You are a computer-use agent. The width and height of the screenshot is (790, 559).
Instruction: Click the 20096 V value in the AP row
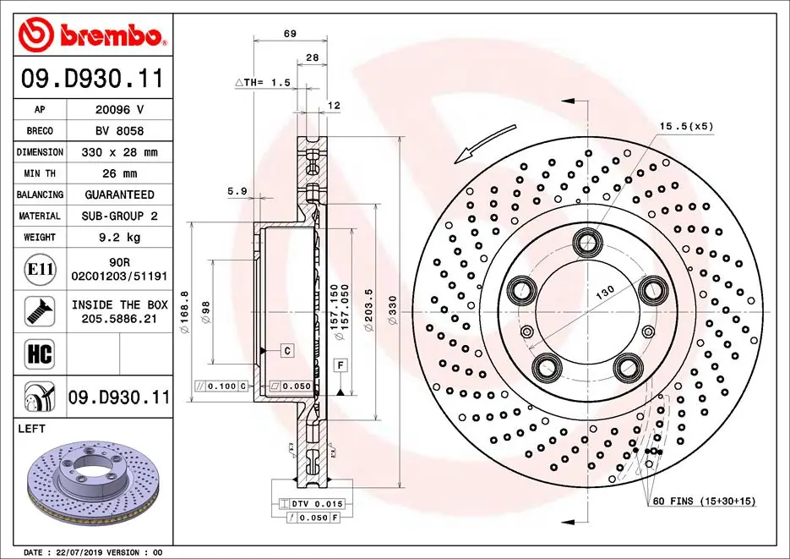point(119,110)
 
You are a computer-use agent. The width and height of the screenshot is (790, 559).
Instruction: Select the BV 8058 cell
point(119,131)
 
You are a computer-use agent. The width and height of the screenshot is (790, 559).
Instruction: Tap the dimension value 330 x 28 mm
point(119,152)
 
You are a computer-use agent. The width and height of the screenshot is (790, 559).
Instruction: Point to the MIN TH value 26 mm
point(119,173)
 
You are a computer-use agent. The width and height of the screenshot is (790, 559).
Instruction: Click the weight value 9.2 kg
point(119,238)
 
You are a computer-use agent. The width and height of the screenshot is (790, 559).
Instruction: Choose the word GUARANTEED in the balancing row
point(119,195)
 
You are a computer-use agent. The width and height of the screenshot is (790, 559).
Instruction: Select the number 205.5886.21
point(119,318)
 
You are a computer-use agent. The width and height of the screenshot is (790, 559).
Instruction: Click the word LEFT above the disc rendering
point(32,430)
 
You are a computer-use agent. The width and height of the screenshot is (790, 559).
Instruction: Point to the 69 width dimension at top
point(289,34)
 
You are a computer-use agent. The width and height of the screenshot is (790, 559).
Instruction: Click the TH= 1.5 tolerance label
point(263,82)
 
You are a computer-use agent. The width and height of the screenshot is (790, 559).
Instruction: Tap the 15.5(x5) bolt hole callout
point(686,126)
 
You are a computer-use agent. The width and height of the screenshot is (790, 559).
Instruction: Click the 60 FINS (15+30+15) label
point(704,501)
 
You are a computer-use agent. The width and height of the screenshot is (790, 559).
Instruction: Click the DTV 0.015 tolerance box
point(314,504)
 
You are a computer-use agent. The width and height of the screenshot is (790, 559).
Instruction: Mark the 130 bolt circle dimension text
point(605,292)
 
